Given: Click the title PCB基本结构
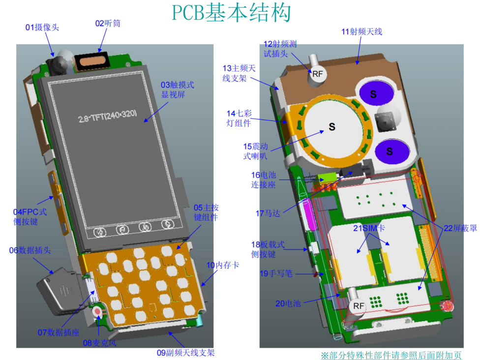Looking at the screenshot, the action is click(232, 13).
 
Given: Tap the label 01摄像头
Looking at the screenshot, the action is click(42, 27).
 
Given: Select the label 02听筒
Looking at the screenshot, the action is click(108, 23).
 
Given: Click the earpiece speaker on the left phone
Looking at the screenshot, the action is click(91, 61).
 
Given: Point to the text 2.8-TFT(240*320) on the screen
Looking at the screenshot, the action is click(107, 116).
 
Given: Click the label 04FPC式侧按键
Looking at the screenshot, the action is click(30, 216).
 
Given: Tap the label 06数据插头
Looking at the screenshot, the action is click(30, 250).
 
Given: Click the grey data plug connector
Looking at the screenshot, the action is click(60, 291).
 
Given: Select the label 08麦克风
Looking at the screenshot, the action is click(99, 343).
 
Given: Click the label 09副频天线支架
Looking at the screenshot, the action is click(185, 353).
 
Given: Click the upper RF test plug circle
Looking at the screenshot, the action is click(317, 74).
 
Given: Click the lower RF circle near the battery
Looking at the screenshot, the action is click(359, 306).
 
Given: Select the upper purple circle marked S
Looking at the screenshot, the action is click(376, 93).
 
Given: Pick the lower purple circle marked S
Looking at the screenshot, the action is click(392, 151).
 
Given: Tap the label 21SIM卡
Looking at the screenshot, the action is click(369, 228).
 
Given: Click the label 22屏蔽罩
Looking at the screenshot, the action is click(460, 228).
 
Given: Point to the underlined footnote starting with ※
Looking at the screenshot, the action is click(391, 356).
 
